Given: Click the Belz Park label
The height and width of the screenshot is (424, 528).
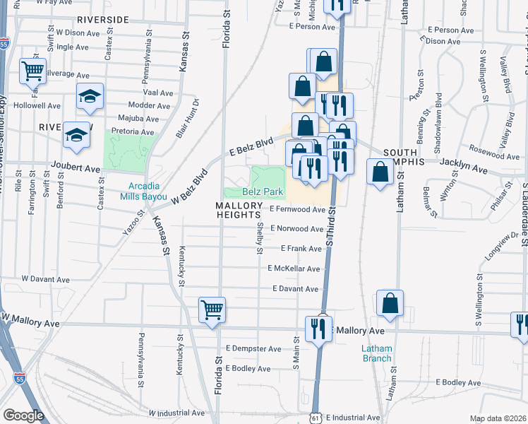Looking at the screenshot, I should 263,192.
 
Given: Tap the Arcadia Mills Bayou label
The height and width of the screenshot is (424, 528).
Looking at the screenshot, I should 148,192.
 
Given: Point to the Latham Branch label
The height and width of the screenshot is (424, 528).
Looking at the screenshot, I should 376,353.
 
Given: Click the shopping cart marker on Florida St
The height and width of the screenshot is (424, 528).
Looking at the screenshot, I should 212,310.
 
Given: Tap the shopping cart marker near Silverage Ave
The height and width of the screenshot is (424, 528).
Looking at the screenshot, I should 32,70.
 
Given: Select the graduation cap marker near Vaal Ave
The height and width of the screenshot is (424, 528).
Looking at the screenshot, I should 90,96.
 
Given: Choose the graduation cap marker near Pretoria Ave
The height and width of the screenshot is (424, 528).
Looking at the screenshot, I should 77,134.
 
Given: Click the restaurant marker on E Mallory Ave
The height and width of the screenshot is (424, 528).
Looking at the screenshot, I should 319,328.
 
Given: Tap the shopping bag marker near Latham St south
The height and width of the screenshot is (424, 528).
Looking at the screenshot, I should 390,303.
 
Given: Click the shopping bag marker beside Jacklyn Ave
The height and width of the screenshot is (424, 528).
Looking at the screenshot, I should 380,172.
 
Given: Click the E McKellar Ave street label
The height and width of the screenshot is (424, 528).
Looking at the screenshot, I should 294,269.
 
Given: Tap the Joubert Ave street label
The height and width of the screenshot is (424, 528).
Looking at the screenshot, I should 76,169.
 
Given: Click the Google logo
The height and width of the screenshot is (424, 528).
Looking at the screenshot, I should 23,415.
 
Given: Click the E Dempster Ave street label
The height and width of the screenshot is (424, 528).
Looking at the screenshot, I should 254,349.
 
